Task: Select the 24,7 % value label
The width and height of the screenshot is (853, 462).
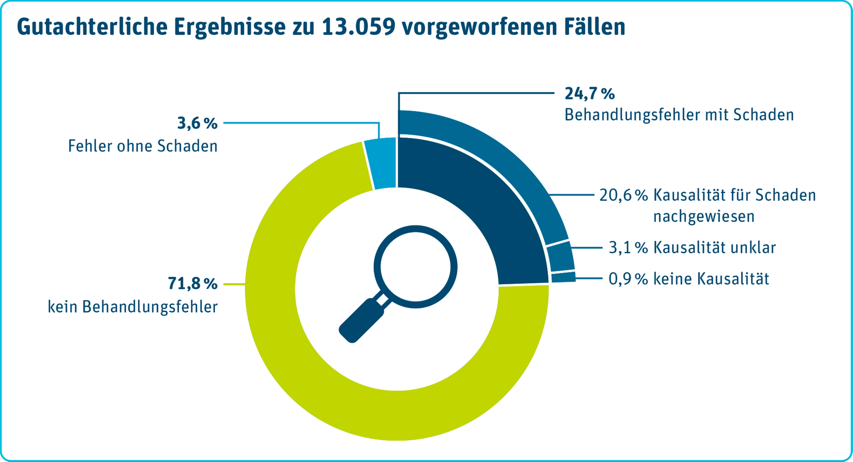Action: [x=589, y=94]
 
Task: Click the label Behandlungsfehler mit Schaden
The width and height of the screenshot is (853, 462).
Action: [x=679, y=115]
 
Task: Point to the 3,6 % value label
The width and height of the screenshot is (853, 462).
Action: [x=197, y=123]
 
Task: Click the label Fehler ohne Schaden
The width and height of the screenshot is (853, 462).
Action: [x=143, y=146]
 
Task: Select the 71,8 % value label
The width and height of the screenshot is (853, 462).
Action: [x=193, y=283]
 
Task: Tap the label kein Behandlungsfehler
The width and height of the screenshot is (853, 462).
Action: [x=133, y=307]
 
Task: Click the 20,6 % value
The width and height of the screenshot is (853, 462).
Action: [x=624, y=196]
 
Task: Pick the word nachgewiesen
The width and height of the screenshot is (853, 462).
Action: [x=704, y=217]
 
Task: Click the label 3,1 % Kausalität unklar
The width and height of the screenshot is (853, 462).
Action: [x=692, y=248]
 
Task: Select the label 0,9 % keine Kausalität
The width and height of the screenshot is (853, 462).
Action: [x=689, y=279]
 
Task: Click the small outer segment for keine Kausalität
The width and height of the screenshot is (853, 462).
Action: [x=563, y=277]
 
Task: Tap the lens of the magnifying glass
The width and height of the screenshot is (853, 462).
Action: [x=415, y=267]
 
